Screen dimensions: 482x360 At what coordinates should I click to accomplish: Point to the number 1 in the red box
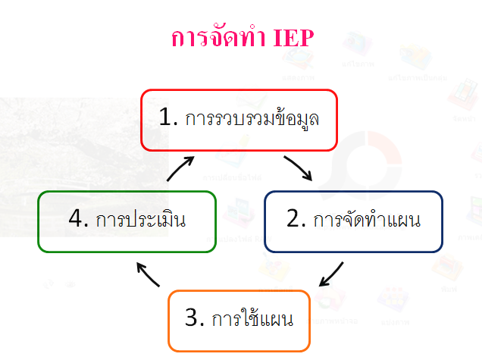[166, 119]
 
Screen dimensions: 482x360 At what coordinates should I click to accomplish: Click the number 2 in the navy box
[296, 221]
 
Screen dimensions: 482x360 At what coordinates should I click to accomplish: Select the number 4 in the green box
[75, 221]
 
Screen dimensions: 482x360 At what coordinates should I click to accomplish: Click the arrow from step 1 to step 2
[299, 168]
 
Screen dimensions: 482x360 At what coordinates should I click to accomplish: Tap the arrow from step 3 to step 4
[148, 274]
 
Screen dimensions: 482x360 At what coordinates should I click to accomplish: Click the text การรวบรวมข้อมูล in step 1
[253, 120]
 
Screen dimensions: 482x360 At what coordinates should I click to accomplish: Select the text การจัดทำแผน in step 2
[367, 221]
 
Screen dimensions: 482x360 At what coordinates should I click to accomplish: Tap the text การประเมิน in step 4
[140, 221]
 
